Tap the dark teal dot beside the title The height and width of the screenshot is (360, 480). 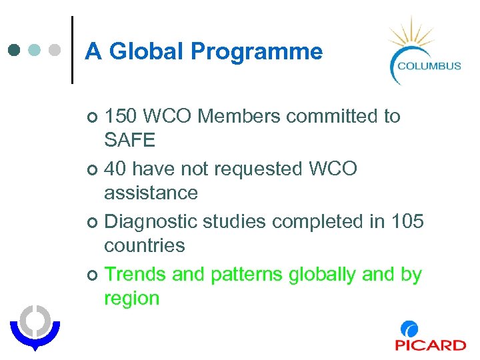point(15,50)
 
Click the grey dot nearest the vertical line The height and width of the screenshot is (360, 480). point(56,50)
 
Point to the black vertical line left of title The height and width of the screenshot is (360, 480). point(71,49)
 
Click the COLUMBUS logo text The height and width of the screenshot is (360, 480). point(429,65)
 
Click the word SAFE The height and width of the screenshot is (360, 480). point(129,140)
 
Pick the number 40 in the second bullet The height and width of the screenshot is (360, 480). point(115,169)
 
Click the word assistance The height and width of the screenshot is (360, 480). point(151,193)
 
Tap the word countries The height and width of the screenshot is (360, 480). point(144,246)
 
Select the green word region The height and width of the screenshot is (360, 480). point(131,299)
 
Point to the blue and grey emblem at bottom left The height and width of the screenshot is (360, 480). point(34,327)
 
